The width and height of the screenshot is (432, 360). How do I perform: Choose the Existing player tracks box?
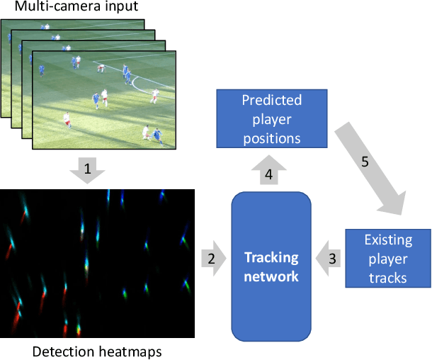[x=389, y=258]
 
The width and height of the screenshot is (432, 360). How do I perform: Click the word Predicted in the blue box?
[x=272, y=100]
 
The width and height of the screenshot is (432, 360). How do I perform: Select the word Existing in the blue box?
[x=389, y=241]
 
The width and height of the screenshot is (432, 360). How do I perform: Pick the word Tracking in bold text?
[x=271, y=257]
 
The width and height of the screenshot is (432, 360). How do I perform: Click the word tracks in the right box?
[x=389, y=276]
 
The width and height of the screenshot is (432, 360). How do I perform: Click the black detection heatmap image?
[x=98, y=261]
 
